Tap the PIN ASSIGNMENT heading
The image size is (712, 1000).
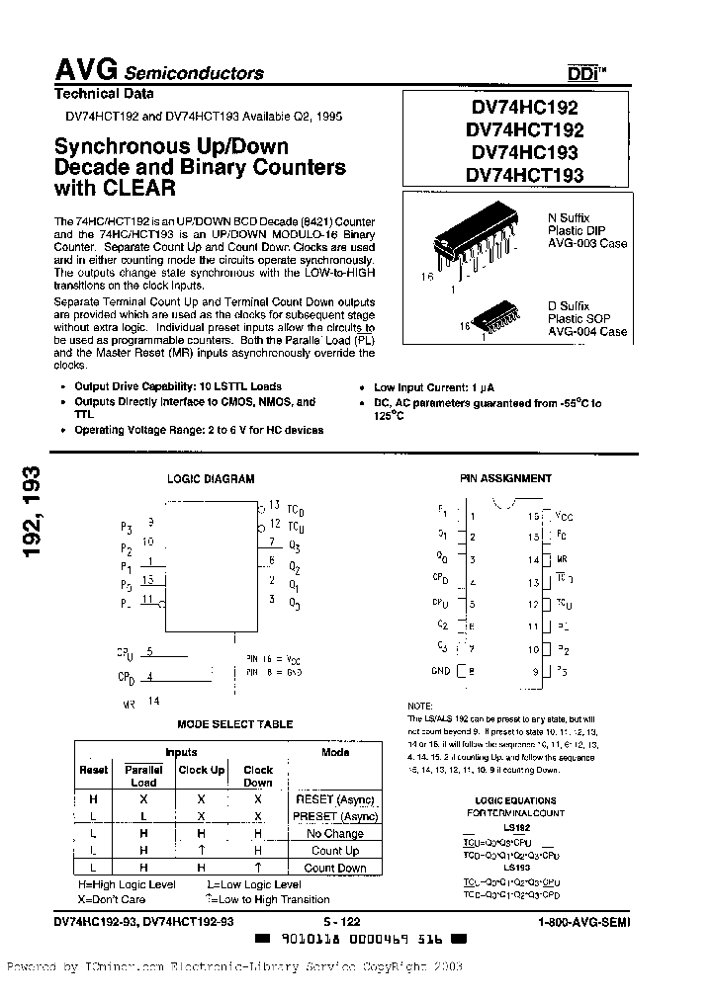pyautogui.click(x=505, y=478)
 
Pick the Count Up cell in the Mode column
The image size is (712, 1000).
pyautogui.click(x=334, y=850)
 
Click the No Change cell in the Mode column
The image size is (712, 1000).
pyautogui.click(x=334, y=833)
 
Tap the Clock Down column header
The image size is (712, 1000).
pyautogui.click(x=257, y=775)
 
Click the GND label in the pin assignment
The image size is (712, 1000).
pyautogui.click(x=441, y=671)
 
